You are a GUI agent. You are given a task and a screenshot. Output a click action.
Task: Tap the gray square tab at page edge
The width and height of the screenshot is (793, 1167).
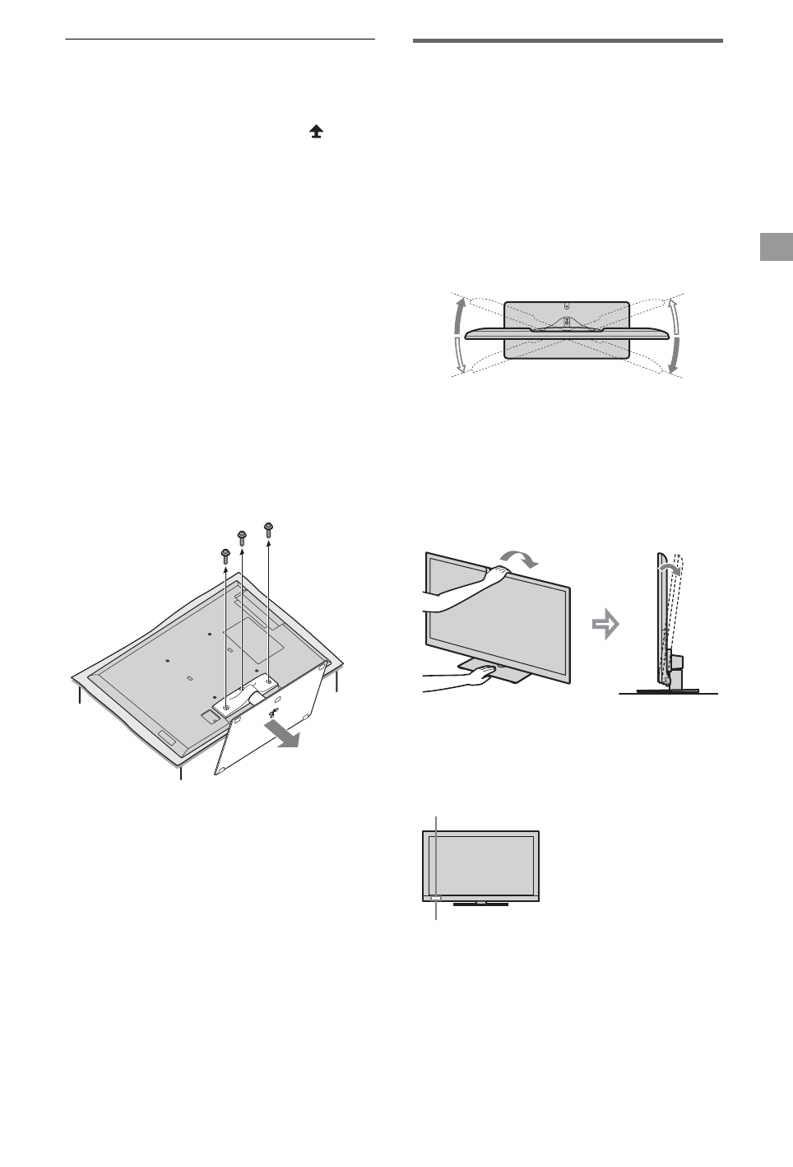coord(776,247)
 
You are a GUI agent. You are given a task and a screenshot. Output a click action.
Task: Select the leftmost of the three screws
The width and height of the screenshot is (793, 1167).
coord(225,556)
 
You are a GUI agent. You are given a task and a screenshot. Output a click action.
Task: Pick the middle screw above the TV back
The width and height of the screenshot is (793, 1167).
coord(243,537)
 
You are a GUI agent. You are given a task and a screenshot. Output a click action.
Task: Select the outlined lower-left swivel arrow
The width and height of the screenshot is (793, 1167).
coord(460,360)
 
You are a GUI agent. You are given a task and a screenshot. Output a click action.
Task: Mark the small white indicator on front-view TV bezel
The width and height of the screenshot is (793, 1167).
coord(435,899)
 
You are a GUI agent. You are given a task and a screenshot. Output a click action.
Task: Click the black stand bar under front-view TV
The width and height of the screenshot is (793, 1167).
coord(481,904)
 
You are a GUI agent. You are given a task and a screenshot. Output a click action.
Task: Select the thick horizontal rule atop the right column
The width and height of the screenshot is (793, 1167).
coord(567,40)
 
